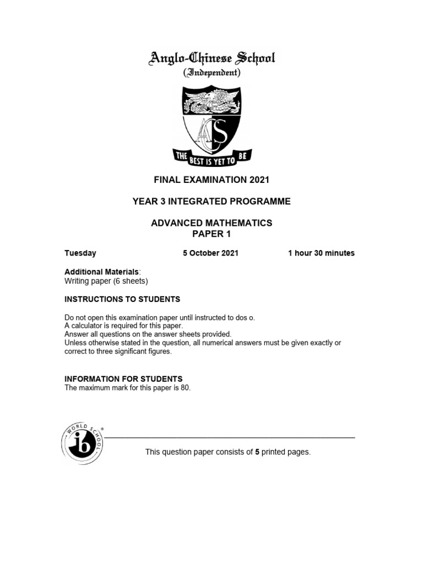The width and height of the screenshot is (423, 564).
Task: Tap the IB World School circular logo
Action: (x=82, y=443)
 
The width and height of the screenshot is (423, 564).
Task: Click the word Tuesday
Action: (x=80, y=253)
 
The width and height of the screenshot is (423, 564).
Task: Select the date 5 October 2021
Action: (x=211, y=253)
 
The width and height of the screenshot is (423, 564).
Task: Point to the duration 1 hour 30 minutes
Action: (x=321, y=253)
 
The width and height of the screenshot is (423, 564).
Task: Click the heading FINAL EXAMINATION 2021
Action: (x=211, y=180)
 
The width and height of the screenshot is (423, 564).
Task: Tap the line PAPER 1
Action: (x=211, y=234)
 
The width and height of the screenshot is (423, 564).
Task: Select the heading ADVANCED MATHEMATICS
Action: (x=211, y=223)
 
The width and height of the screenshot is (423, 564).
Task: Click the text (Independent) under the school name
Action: (x=211, y=72)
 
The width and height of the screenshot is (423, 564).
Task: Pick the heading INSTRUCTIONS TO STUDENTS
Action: (x=122, y=299)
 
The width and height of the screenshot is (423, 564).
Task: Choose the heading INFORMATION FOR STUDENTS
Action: (x=123, y=379)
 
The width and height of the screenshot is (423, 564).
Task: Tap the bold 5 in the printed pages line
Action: (x=257, y=452)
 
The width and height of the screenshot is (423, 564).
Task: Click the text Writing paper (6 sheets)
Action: (x=106, y=281)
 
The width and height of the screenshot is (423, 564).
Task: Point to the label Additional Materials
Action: (x=102, y=272)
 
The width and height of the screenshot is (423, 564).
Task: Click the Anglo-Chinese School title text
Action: (x=211, y=58)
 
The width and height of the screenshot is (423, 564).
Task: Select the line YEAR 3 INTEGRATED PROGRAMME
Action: (x=211, y=202)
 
